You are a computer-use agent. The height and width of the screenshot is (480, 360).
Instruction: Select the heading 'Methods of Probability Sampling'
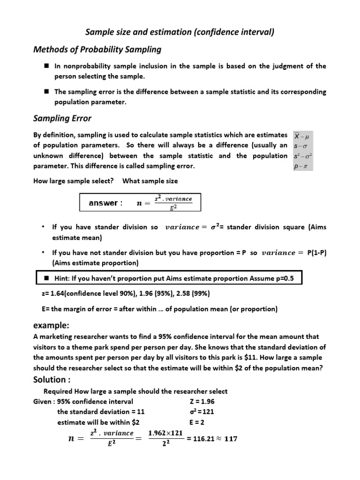(97, 49)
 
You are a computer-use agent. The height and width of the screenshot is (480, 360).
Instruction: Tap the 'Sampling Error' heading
(62, 119)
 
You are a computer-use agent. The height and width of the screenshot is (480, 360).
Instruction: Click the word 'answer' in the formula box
(104, 203)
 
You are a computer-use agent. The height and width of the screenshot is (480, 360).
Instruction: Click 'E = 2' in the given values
(197, 421)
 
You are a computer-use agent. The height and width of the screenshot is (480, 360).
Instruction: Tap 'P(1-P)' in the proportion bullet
(316, 253)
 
